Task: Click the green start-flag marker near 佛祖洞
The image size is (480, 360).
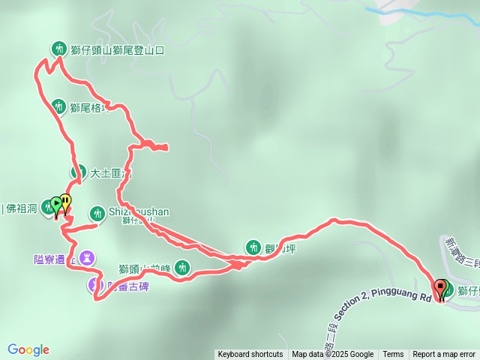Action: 55,204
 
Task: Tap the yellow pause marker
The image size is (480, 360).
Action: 66,202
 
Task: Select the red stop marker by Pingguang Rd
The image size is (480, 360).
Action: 439,287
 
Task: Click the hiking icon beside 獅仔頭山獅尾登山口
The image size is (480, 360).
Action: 58,49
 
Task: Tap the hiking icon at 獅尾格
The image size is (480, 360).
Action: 58,106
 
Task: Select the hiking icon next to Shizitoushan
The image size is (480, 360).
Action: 97,212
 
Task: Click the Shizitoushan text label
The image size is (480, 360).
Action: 139,211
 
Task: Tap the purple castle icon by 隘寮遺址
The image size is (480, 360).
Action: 88,258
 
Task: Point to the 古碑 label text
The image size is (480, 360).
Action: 130,285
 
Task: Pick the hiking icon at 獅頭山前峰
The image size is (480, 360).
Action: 182,266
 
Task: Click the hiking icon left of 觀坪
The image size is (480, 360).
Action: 252,247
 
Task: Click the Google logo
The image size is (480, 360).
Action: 28,349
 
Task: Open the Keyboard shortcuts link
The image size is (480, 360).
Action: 250,355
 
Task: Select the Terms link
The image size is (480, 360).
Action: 393,355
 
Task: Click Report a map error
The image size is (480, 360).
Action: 444,355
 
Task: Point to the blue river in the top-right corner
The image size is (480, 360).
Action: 420,11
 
